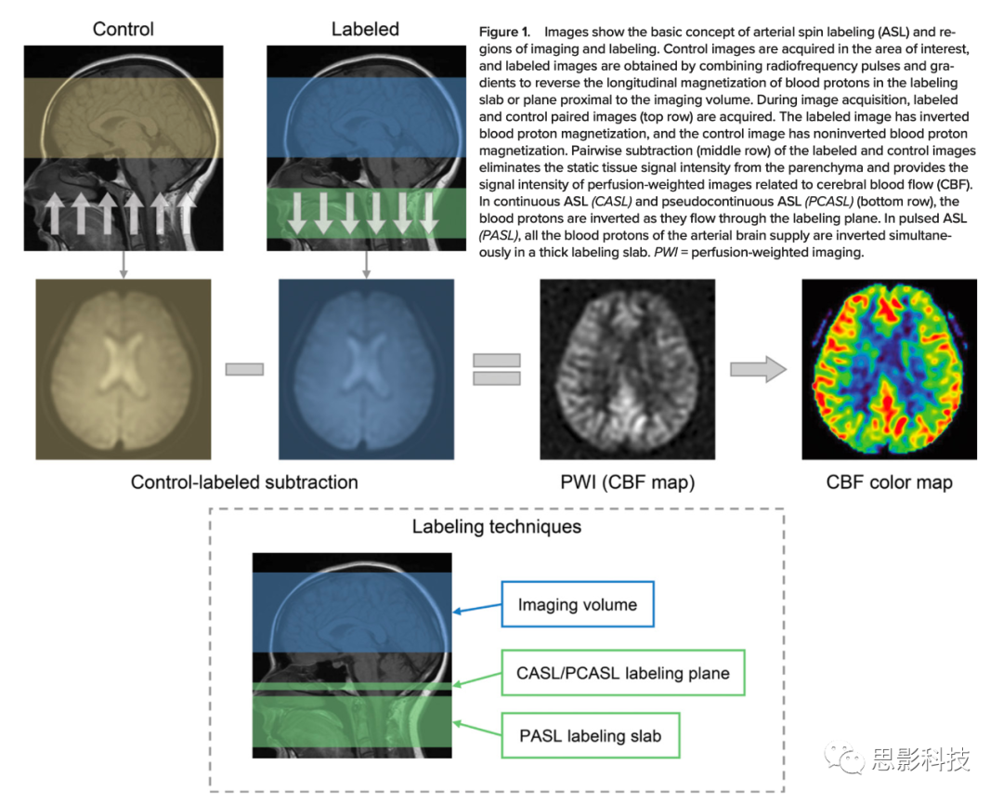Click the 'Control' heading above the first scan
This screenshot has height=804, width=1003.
(123, 29)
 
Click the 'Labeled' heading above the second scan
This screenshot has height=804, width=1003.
(365, 29)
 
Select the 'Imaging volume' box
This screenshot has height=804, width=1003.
(578, 605)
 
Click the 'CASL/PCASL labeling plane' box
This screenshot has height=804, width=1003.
(623, 674)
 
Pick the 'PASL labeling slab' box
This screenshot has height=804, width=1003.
(590, 736)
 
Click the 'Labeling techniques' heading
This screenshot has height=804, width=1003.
(497, 527)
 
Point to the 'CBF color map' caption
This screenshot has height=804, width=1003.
(889, 482)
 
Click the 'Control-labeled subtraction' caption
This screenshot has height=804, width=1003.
(244, 482)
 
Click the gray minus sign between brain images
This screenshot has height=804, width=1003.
(244, 369)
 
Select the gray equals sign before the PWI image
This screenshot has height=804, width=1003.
(496, 369)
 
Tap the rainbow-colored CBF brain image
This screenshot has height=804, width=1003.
(889, 369)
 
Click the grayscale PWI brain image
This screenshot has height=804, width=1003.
(627, 369)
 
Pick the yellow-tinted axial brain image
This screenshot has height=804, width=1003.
(123, 369)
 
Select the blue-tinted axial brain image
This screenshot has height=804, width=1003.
(366, 369)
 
